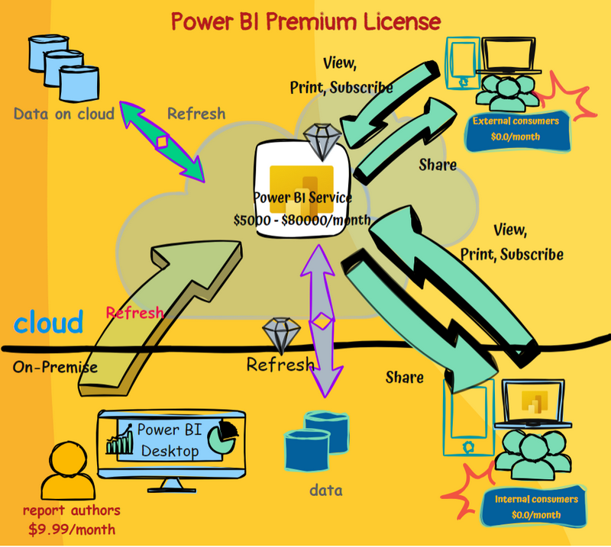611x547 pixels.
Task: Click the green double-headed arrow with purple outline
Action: [x=161, y=142]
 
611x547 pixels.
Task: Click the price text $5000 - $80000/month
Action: [x=302, y=220]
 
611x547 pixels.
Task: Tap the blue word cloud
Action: [x=49, y=323]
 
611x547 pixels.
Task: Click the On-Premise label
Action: [x=55, y=367]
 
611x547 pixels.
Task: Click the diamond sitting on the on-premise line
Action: [x=277, y=334]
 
